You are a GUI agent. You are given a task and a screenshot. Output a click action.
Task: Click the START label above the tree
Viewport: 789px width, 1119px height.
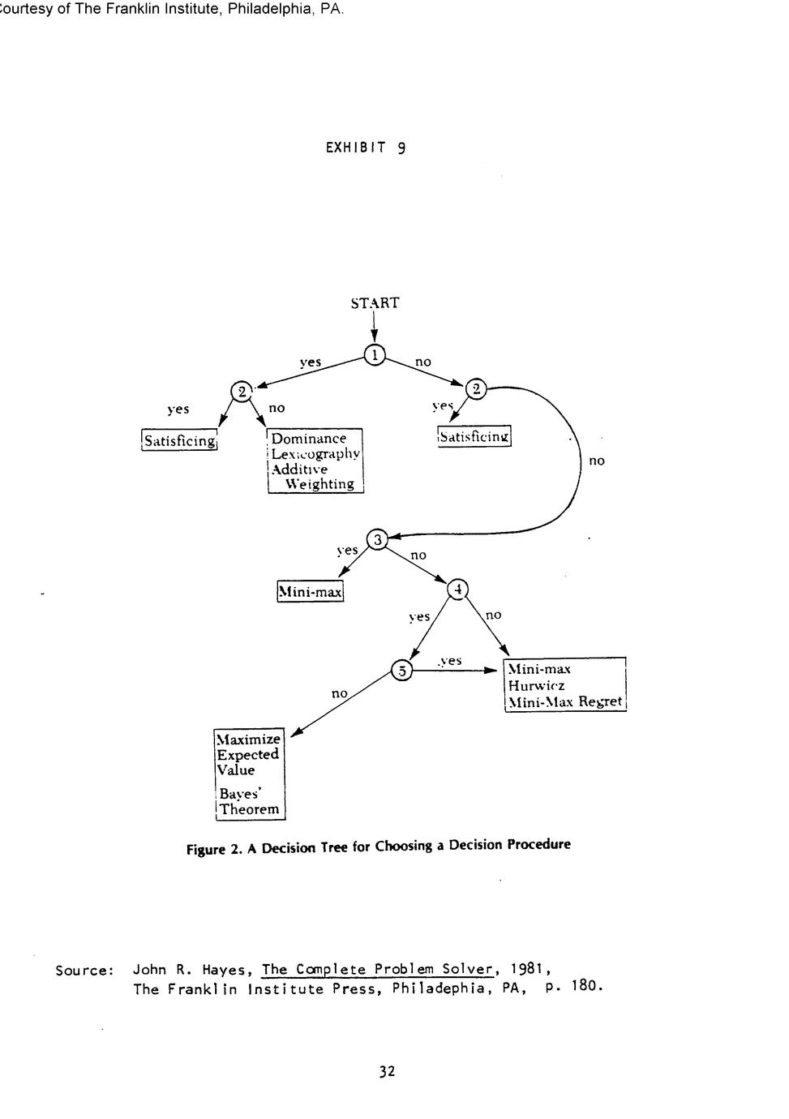coord(375,303)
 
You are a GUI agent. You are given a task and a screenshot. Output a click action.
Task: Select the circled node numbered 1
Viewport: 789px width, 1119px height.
coord(375,355)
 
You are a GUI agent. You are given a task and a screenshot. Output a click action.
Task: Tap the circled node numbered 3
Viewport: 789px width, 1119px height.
coord(378,539)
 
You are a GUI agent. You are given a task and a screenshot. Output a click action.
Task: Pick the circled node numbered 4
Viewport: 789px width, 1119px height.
coord(458,590)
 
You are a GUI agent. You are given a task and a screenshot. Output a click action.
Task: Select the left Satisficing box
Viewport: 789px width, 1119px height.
coord(180,440)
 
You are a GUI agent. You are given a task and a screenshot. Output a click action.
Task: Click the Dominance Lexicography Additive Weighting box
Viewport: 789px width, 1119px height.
coord(315,461)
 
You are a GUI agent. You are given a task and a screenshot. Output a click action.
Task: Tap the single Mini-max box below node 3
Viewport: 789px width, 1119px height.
coord(310,592)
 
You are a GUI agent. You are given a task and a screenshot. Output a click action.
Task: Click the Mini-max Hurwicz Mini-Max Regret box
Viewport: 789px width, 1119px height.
coord(564,685)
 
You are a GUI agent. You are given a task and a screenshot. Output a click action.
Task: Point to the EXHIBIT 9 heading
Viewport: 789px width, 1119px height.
coord(365,148)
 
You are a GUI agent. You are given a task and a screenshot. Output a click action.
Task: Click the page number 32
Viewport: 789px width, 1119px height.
coord(387,1071)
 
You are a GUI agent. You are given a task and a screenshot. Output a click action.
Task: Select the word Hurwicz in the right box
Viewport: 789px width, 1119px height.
coord(536,685)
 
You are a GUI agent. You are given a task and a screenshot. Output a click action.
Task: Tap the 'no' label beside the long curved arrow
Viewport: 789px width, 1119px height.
coord(597,461)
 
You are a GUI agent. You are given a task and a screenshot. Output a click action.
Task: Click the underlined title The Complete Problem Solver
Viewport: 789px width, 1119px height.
coord(378,969)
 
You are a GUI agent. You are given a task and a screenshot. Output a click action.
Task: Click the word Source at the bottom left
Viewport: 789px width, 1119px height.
coord(84,970)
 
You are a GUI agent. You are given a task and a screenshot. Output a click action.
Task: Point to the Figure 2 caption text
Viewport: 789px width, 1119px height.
coord(379,847)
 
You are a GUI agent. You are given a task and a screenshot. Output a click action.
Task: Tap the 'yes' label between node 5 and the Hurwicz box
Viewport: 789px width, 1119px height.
coord(450,661)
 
